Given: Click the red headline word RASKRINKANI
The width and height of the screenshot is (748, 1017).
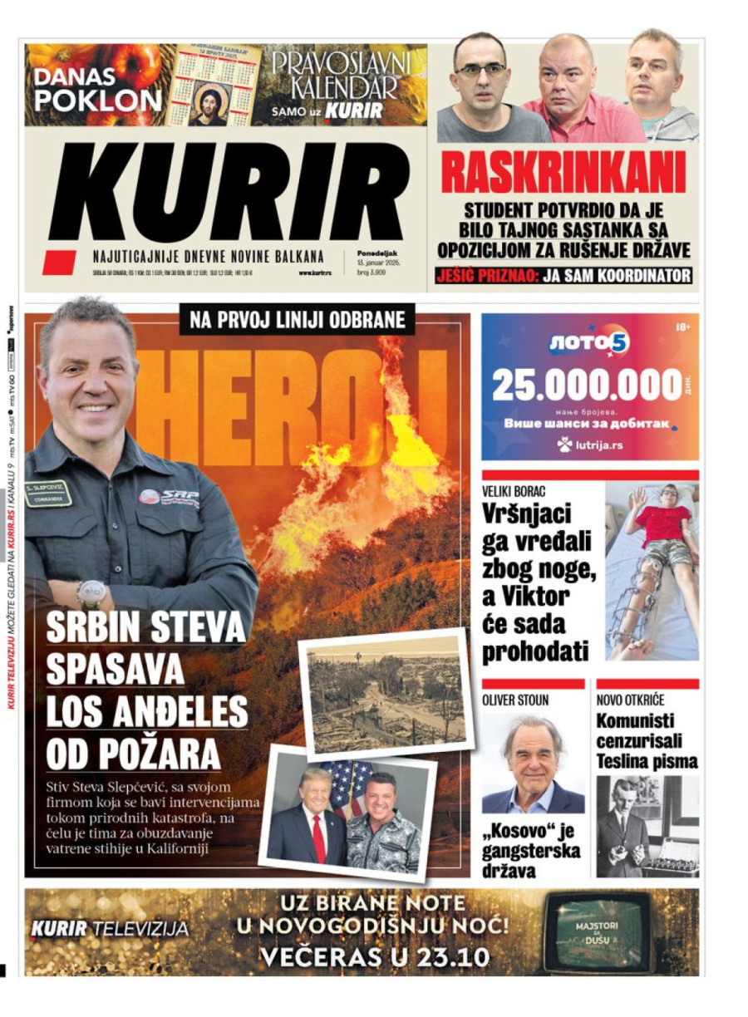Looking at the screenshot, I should pos(563,173).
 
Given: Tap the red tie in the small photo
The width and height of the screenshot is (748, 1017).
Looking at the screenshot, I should pos(318,838).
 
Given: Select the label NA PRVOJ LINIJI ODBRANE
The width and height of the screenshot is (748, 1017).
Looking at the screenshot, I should pos(297,319).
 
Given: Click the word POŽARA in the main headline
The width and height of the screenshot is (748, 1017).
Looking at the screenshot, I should pos(134,753).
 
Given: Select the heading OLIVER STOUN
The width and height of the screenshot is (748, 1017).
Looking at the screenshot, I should pos(516,700).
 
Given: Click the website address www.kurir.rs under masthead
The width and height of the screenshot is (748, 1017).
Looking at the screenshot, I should pos(315,273).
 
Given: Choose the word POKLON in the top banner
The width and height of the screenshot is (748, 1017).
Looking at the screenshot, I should pos(99,101).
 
